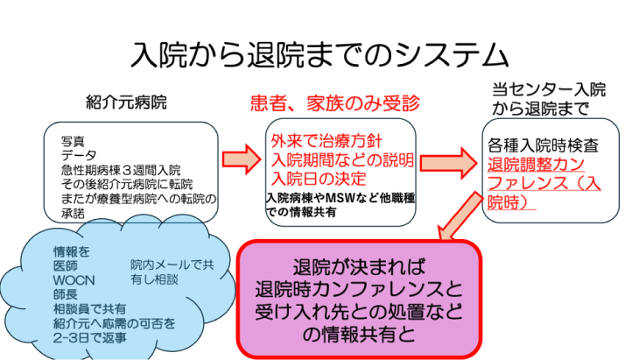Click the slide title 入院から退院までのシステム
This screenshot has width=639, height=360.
click(x=319, y=54)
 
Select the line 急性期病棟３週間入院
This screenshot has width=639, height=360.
click(x=122, y=169)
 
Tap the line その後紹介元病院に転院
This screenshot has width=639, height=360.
click(x=126, y=183)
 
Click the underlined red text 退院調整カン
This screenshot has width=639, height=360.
click(x=538, y=165)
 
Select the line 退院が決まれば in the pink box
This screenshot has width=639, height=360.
click(x=360, y=267)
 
